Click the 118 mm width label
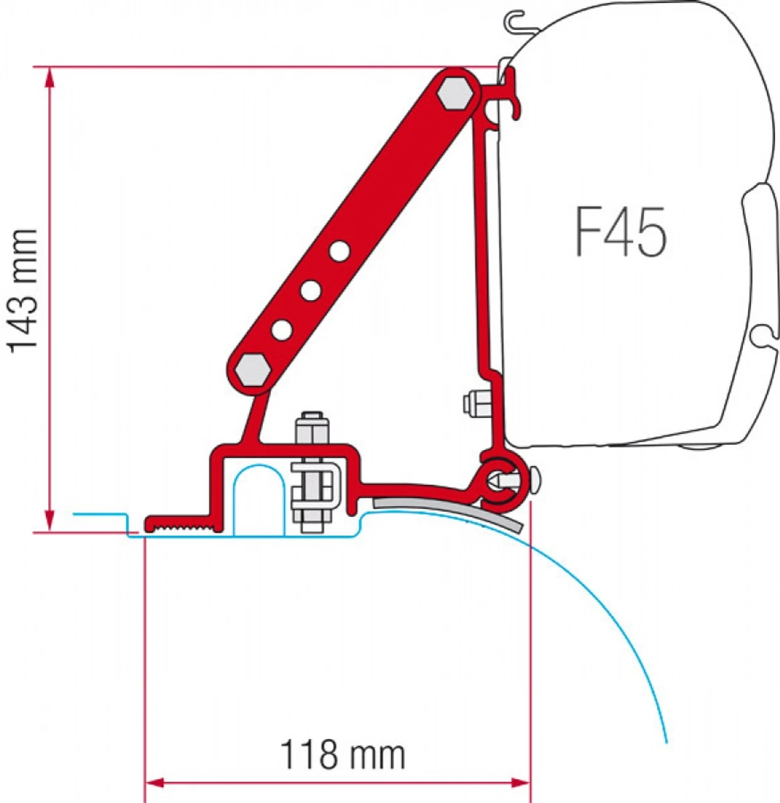coord(342,755)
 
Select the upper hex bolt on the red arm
coord(456,93)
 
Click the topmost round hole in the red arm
coord(339,252)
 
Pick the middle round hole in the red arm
coord(311,290)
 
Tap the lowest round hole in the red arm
coord(282,329)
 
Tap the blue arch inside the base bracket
coord(258,496)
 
